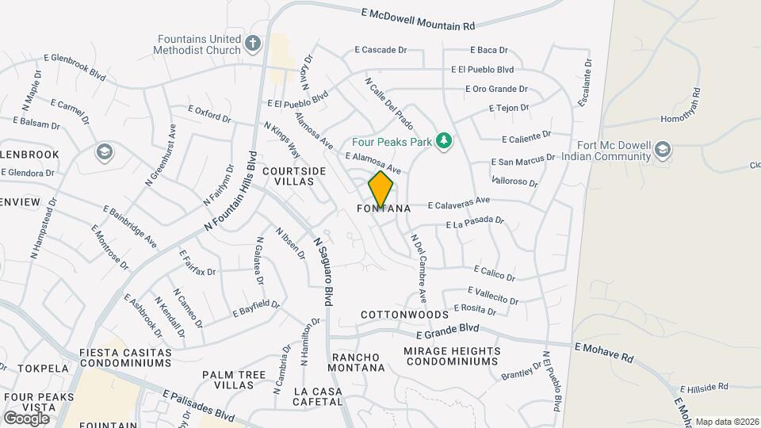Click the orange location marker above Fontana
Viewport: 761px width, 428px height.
point(380,189)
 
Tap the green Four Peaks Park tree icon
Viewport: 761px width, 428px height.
point(444,141)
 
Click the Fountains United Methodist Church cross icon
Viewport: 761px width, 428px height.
point(253,43)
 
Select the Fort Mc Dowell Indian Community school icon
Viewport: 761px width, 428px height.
point(663,149)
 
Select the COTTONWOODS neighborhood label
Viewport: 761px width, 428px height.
point(404,315)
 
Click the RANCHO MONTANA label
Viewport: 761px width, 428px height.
point(358,362)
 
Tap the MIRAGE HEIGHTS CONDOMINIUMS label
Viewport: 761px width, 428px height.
point(452,356)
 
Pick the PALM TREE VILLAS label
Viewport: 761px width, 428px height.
point(228,380)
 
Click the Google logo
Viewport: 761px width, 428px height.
point(27,418)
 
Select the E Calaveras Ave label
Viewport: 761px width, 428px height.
point(459,204)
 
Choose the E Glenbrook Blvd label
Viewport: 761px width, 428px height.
point(76,67)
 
